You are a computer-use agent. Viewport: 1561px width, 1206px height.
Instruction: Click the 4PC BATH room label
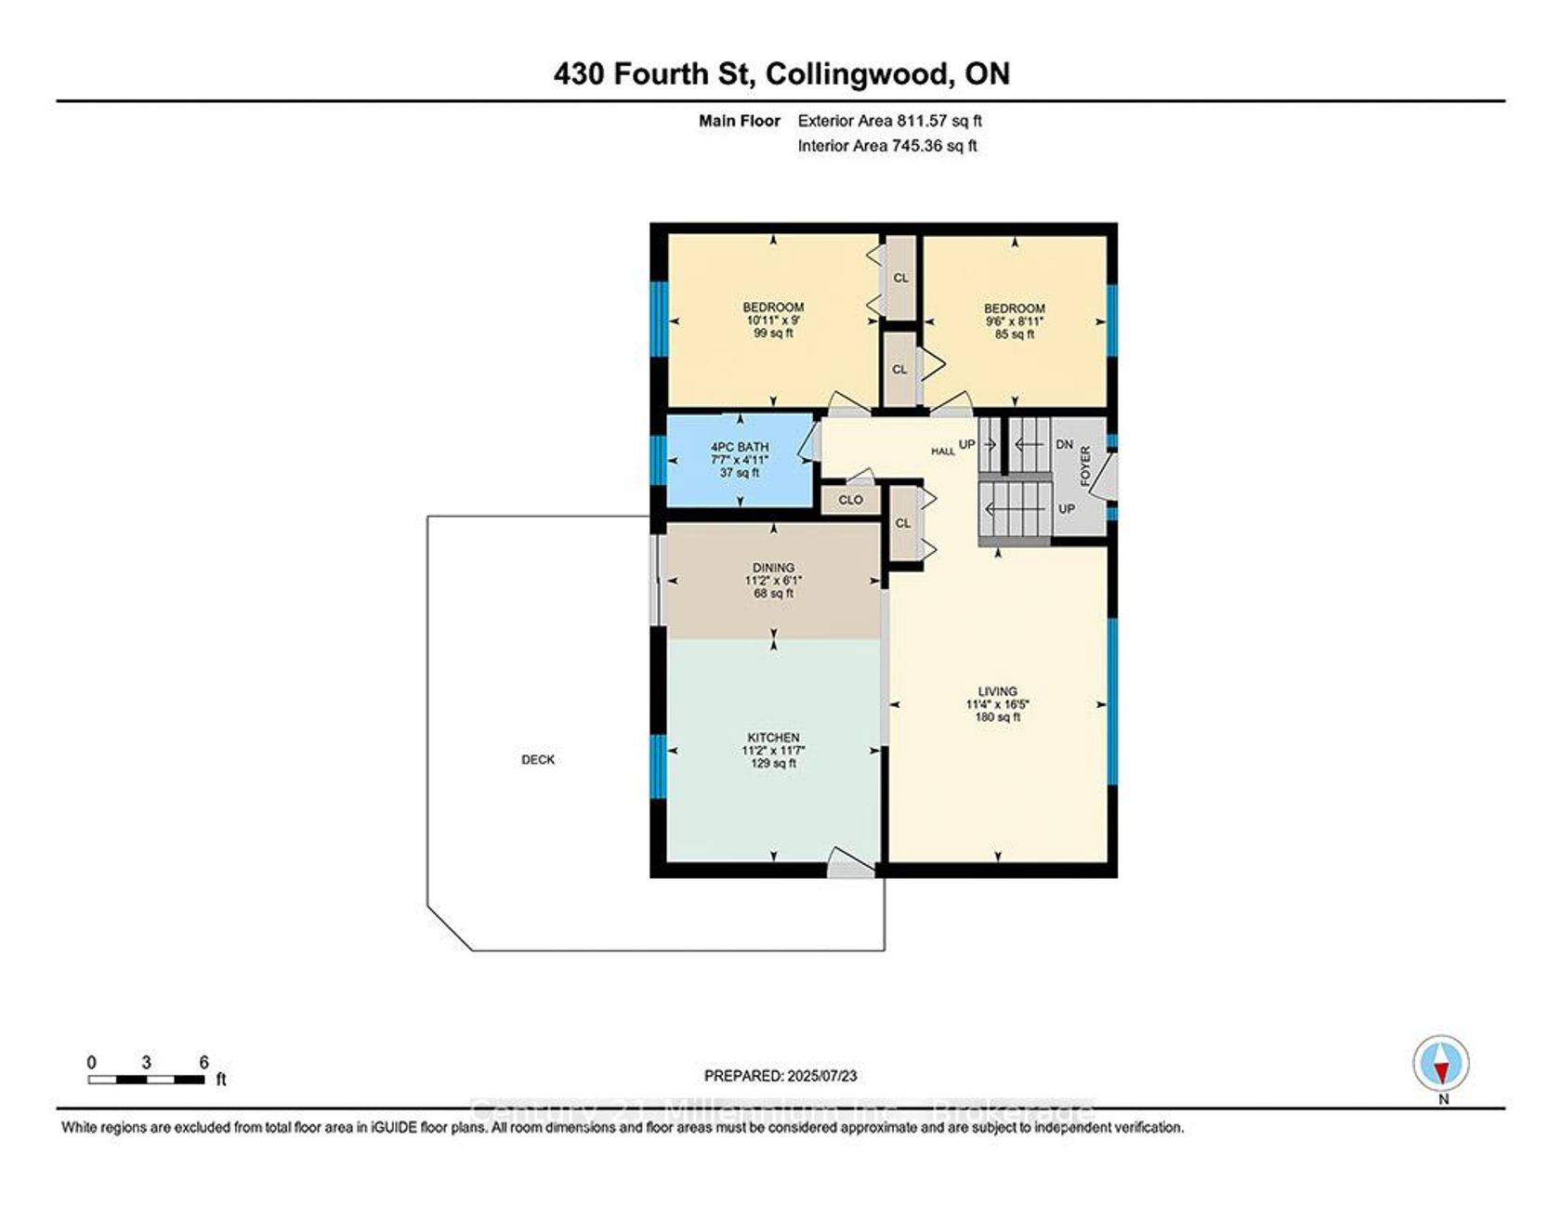(740, 447)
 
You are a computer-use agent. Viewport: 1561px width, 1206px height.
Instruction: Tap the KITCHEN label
(774, 738)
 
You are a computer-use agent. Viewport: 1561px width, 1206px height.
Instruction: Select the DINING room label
(774, 568)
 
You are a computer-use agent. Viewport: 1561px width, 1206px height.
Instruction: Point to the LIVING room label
(998, 691)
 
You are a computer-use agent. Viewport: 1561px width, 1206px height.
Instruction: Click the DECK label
(538, 759)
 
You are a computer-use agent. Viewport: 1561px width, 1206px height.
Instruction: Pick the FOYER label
(1085, 466)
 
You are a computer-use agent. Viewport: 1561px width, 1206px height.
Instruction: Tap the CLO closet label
(851, 500)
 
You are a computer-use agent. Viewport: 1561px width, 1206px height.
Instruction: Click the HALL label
(943, 452)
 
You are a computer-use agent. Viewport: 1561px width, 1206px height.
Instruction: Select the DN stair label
(1065, 445)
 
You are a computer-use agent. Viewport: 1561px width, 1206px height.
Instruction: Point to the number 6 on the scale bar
(204, 1063)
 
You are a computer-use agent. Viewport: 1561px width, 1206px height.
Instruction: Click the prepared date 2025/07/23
(822, 1076)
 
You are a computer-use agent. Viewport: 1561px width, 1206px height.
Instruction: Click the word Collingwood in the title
(855, 73)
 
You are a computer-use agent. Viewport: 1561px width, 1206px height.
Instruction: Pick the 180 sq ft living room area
(998, 717)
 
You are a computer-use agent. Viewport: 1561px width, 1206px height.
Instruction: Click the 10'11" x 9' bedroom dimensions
(774, 321)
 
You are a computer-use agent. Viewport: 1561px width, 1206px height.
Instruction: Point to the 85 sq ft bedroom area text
(1015, 334)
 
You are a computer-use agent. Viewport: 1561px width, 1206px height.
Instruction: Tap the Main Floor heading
(740, 120)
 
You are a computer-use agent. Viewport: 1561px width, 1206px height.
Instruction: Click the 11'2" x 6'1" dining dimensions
(774, 581)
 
